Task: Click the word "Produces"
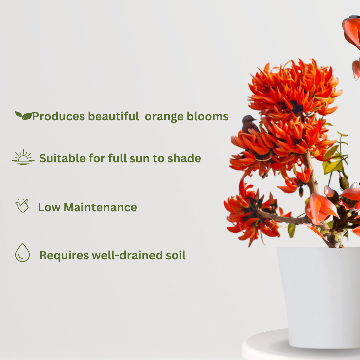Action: pos(58,117)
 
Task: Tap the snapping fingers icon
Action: pos(22,205)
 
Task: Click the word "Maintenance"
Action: pos(100,207)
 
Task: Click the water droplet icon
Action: pos(22,253)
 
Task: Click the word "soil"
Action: pos(175,255)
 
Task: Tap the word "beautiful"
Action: pos(113,116)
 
